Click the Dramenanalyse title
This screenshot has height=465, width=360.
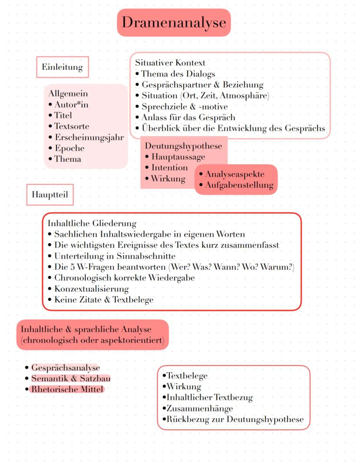point(173,22)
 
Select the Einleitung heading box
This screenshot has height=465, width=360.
point(62,67)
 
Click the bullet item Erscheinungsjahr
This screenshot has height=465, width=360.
point(89,137)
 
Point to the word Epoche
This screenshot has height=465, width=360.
point(69,148)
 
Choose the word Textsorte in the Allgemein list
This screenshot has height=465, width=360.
point(71,127)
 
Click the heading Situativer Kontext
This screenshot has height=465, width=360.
point(170,63)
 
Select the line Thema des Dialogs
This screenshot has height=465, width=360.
point(178,74)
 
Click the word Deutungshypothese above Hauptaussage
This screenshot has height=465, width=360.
point(183,146)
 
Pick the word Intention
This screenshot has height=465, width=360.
point(170,167)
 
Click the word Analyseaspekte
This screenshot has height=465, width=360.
point(235,174)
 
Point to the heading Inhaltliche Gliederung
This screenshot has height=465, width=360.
point(92,224)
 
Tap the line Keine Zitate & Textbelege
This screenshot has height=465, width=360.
point(103,299)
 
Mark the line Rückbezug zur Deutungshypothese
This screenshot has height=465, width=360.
point(235,419)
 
